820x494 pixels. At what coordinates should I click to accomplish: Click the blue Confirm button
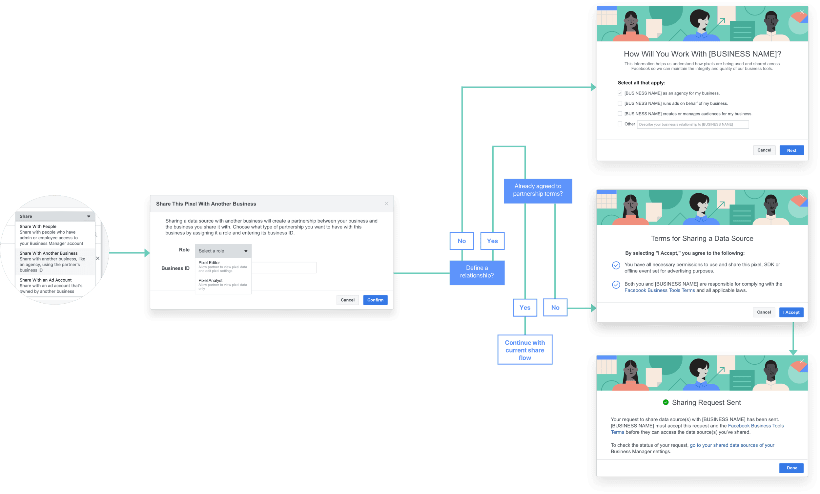[x=375, y=300]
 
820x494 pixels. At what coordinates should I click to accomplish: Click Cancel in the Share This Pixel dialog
[x=347, y=300]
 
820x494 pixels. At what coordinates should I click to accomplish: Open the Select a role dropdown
[x=223, y=251]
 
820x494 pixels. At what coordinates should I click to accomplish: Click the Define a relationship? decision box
[x=477, y=272]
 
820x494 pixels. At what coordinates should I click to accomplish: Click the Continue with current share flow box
[x=524, y=350]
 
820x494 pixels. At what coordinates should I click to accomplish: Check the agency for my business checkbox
[x=620, y=93]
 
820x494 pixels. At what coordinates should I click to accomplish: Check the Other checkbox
[x=620, y=124]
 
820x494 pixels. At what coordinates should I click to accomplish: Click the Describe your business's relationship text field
[x=693, y=124]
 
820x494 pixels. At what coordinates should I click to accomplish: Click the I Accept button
[x=791, y=312]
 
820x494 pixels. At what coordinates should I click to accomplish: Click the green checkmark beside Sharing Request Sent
[x=665, y=402]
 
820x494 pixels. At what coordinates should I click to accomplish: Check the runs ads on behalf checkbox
[x=620, y=103]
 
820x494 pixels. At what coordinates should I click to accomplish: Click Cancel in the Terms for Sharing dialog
[x=764, y=312]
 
